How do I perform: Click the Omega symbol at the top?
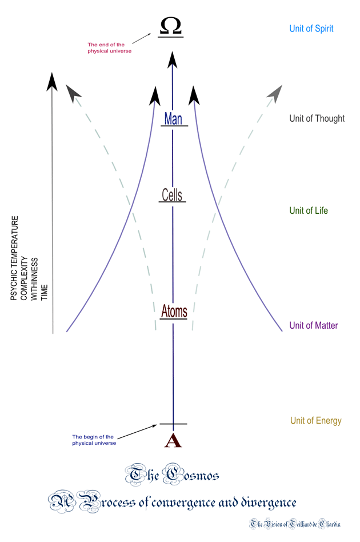coord(171,26)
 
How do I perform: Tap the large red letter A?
coord(173,440)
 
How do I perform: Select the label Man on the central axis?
coord(173,118)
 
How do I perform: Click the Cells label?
coord(172,195)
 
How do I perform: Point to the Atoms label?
coord(174,311)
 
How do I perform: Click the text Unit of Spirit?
coord(311,29)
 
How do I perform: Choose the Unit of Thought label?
coord(317,118)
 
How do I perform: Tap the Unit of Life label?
coord(309,210)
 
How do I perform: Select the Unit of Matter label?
coord(313,325)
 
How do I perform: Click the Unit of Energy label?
coord(316,420)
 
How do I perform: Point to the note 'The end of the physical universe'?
coord(109,47)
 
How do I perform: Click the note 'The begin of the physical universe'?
coord(94,440)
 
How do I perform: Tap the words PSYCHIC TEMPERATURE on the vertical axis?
coord(14,258)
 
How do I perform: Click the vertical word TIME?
coord(44,292)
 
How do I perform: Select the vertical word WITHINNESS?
coord(34,279)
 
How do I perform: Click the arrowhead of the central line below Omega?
coord(173,59)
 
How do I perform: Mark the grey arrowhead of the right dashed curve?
coord(275,94)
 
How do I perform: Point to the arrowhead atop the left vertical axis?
coord(52,82)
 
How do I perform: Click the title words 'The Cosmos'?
coord(171,475)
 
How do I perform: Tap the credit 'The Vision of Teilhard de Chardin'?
coord(295,524)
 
